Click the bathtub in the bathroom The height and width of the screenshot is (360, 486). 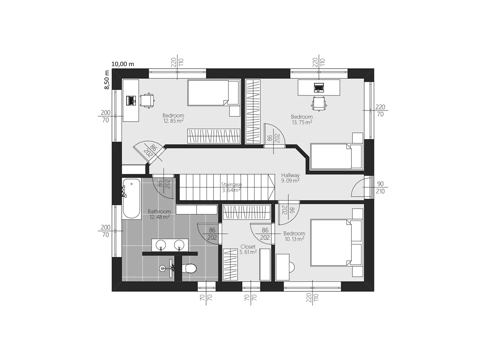pyautogui.click(x=131, y=198)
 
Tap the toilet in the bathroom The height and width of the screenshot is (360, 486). pyautogui.click(x=189, y=269)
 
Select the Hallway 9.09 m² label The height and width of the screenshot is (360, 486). pyautogui.click(x=290, y=178)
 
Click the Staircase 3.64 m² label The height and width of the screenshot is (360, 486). pyautogui.click(x=231, y=187)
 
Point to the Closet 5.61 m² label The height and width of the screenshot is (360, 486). pyautogui.click(x=248, y=249)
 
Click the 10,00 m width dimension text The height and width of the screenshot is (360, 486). pyautogui.click(x=123, y=64)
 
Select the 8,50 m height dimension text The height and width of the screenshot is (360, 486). pyautogui.click(x=107, y=80)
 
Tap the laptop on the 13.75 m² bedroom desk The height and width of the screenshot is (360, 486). pyautogui.click(x=319, y=87)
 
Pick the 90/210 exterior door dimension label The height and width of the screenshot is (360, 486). pyautogui.click(x=380, y=187)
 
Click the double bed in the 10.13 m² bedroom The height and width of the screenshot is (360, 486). pyautogui.click(x=336, y=243)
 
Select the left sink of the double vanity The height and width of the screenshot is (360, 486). pyautogui.click(x=160, y=245)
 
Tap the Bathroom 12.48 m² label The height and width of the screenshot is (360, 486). pyautogui.click(x=159, y=214)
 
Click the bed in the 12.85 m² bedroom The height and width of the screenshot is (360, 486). pyautogui.click(x=213, y=93)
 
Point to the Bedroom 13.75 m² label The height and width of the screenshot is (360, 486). pyautogui.click(x=302, y=119)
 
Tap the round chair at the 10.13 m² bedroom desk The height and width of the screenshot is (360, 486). pyautogui.click(x=292, y=267)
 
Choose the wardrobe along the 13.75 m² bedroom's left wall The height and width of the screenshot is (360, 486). pyautogui.click(x=253, y=112)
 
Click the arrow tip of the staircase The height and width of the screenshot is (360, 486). pyautogui.click(x=275, y=187)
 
